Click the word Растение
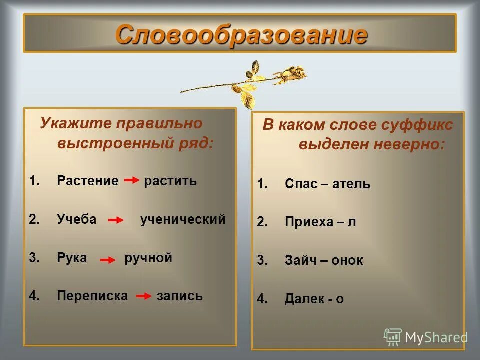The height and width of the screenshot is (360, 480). point(88,181)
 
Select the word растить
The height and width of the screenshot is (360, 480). point(170,181)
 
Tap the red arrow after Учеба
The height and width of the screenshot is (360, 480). point(116,220)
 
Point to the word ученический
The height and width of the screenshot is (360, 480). point(183,219)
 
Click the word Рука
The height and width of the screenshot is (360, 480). point(72,258)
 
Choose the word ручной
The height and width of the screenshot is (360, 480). point(148,258)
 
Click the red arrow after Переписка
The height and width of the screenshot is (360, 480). point(144,296)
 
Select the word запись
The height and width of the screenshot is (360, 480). point(180,296)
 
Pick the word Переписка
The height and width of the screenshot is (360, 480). point(92,296)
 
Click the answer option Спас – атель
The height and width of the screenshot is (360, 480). point(327,184)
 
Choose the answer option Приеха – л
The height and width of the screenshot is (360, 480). point(320,222)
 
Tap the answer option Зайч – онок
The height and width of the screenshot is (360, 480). point(324,260)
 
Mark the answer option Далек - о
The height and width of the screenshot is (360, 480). point(314,299)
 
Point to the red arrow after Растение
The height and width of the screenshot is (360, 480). point(131,181)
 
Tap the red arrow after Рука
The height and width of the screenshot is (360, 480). point(107,260)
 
